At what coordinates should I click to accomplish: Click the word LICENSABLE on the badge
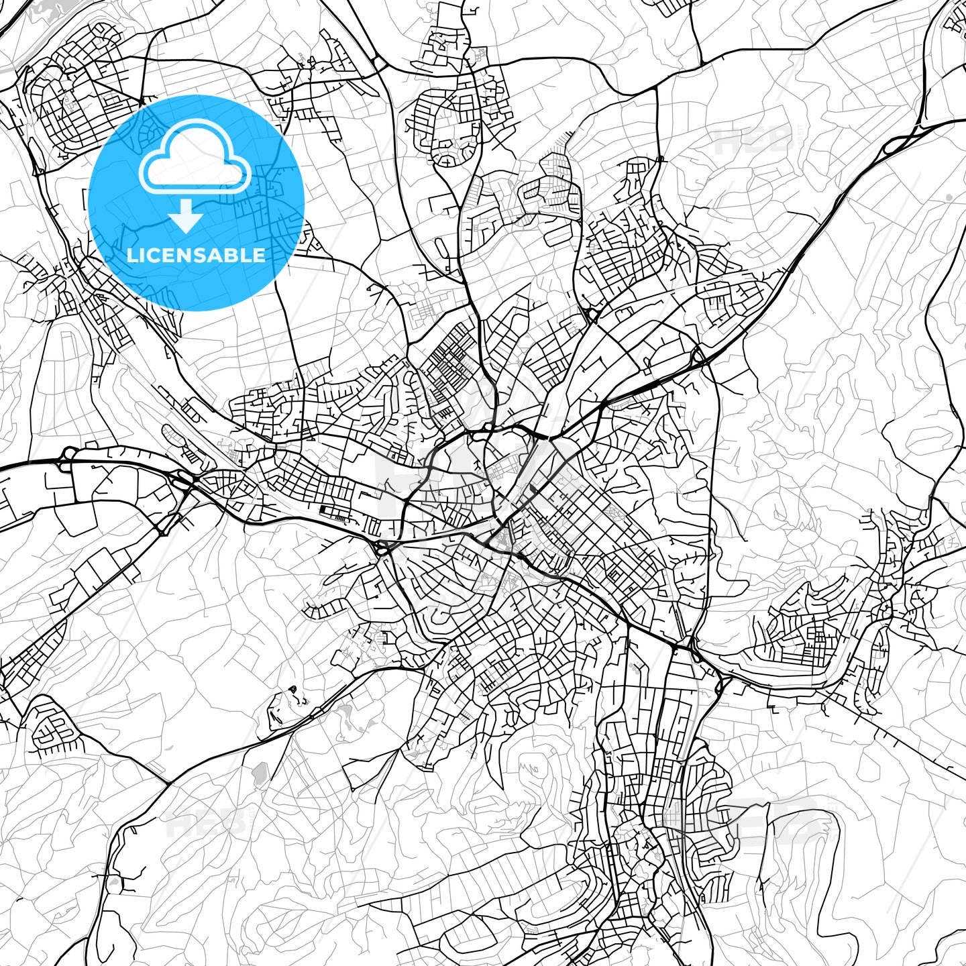point(196,255)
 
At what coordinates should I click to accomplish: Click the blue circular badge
point(197,203)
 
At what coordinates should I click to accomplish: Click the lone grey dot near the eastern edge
point(949,197)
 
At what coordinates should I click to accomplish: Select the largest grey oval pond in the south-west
point(260,773)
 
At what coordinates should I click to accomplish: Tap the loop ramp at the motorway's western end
point(66,454)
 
